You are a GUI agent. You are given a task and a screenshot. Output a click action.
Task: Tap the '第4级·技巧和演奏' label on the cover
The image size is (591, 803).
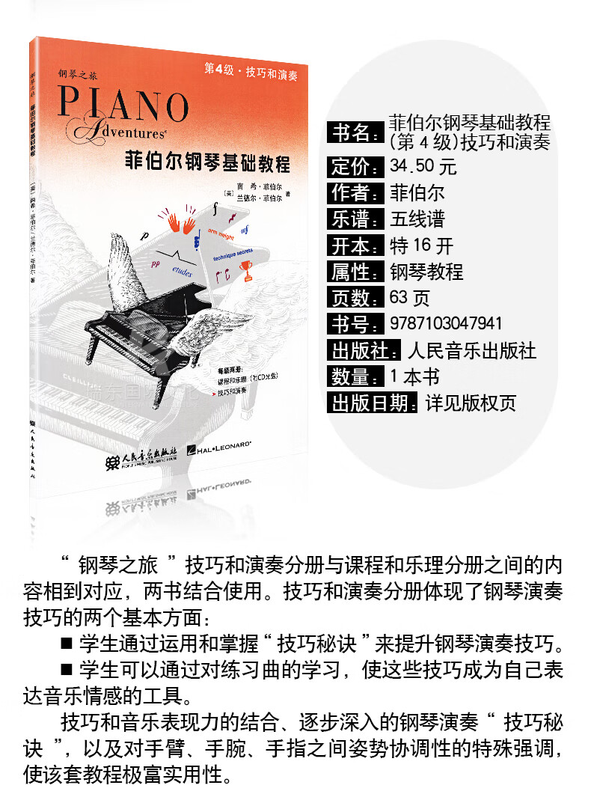(251, 70)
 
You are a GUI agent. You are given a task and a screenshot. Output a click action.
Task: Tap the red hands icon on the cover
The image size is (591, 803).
(182, 222)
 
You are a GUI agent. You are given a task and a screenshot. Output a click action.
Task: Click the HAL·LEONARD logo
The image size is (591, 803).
(221, 450)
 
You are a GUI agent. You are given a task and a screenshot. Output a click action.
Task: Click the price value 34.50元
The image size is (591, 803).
(423, 166)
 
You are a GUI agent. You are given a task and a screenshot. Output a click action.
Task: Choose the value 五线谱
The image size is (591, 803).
(417, 219)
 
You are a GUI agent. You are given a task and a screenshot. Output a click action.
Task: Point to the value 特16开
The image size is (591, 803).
(421, 245)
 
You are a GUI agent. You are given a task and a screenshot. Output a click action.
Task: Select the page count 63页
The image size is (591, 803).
(410, 298)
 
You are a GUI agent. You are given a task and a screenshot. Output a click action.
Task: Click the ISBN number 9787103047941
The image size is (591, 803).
(447, 323)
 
